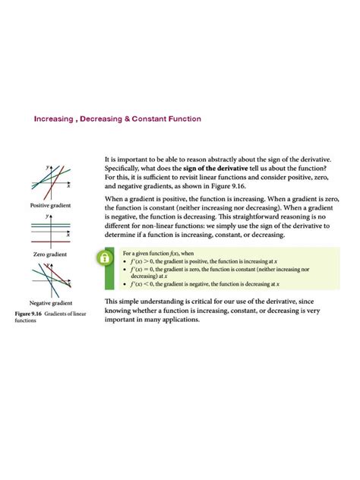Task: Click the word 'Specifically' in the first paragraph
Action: pos(123,168)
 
